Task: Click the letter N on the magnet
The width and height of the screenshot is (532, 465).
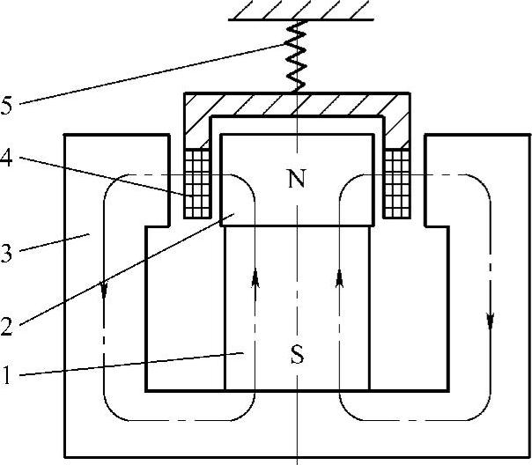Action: [297, 181]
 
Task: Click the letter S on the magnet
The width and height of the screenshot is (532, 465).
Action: [297, 357]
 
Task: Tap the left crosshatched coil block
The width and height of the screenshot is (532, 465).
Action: [196, 183]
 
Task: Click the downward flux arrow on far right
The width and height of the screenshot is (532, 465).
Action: [491, 317]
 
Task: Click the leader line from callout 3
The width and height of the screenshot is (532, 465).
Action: [53, 244]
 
